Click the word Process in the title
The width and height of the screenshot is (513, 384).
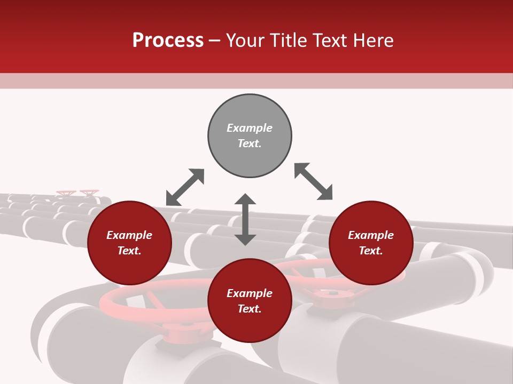[x=168, y=41]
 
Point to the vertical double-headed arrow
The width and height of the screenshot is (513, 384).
[x=245, y=219]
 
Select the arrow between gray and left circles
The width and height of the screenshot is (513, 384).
[x=185, y=187]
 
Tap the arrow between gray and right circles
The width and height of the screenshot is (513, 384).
[x=313, y=181]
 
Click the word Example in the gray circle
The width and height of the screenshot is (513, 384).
[x=250, y=128]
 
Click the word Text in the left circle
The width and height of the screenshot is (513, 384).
[x=129, y=251]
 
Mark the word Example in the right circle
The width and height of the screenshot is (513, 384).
[x=371, y=235]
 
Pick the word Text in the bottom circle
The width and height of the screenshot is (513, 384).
[x=250, y=309]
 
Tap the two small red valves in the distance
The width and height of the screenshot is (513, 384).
[x=78, y=192]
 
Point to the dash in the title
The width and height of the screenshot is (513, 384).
[x=215, y=41]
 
